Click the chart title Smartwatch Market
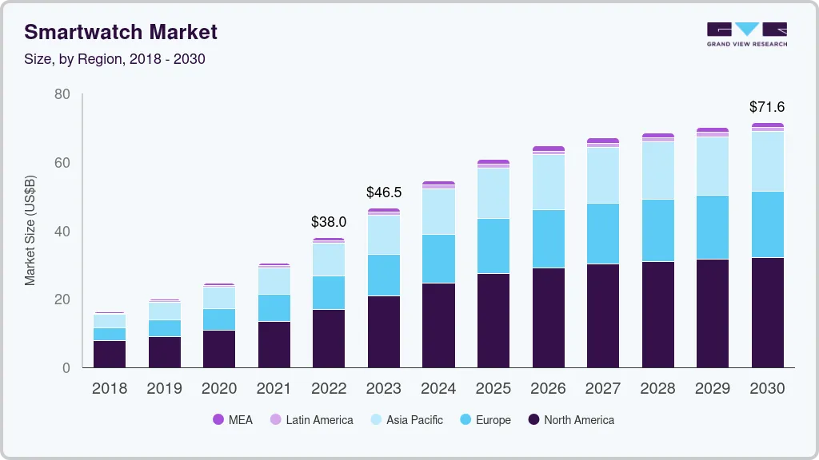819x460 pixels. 120,32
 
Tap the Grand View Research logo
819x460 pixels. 746,34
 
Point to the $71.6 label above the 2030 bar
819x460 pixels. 767,106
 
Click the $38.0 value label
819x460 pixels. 329,222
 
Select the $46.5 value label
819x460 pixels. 383,192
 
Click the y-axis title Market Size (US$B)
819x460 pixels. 30,230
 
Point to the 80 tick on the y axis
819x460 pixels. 62,94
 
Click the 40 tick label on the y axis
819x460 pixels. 62,232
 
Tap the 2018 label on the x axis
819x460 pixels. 109,389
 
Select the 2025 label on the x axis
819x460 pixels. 493,389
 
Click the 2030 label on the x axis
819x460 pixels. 767,389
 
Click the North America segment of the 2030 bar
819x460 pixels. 767,312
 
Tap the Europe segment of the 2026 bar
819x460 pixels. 548,239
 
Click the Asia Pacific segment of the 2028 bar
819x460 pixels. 657,170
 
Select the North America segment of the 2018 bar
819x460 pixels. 109,354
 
